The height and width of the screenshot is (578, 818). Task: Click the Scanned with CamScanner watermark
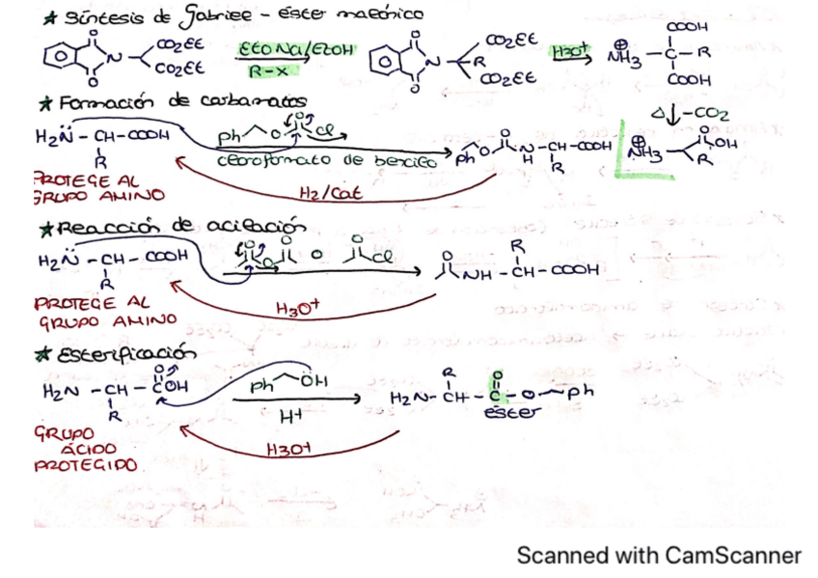point(658,556)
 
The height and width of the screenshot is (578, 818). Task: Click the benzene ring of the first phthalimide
point(56,56)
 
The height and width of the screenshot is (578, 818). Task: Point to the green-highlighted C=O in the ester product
point(498,391)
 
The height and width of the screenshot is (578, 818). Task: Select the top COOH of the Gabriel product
point(691,27)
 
